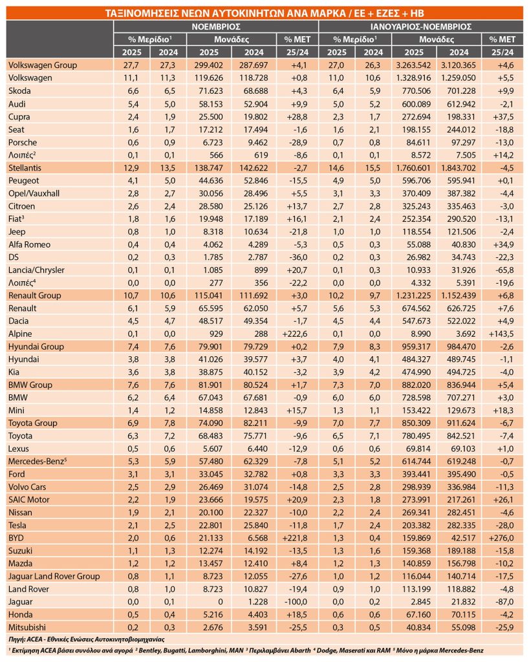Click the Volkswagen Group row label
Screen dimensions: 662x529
tap(42, 65)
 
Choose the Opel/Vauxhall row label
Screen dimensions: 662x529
tap(32, 193)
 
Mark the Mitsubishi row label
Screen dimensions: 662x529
tap(27, 627)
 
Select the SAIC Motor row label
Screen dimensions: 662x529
tap(30, 500)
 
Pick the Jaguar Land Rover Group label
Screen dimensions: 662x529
tap(54, 576)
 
